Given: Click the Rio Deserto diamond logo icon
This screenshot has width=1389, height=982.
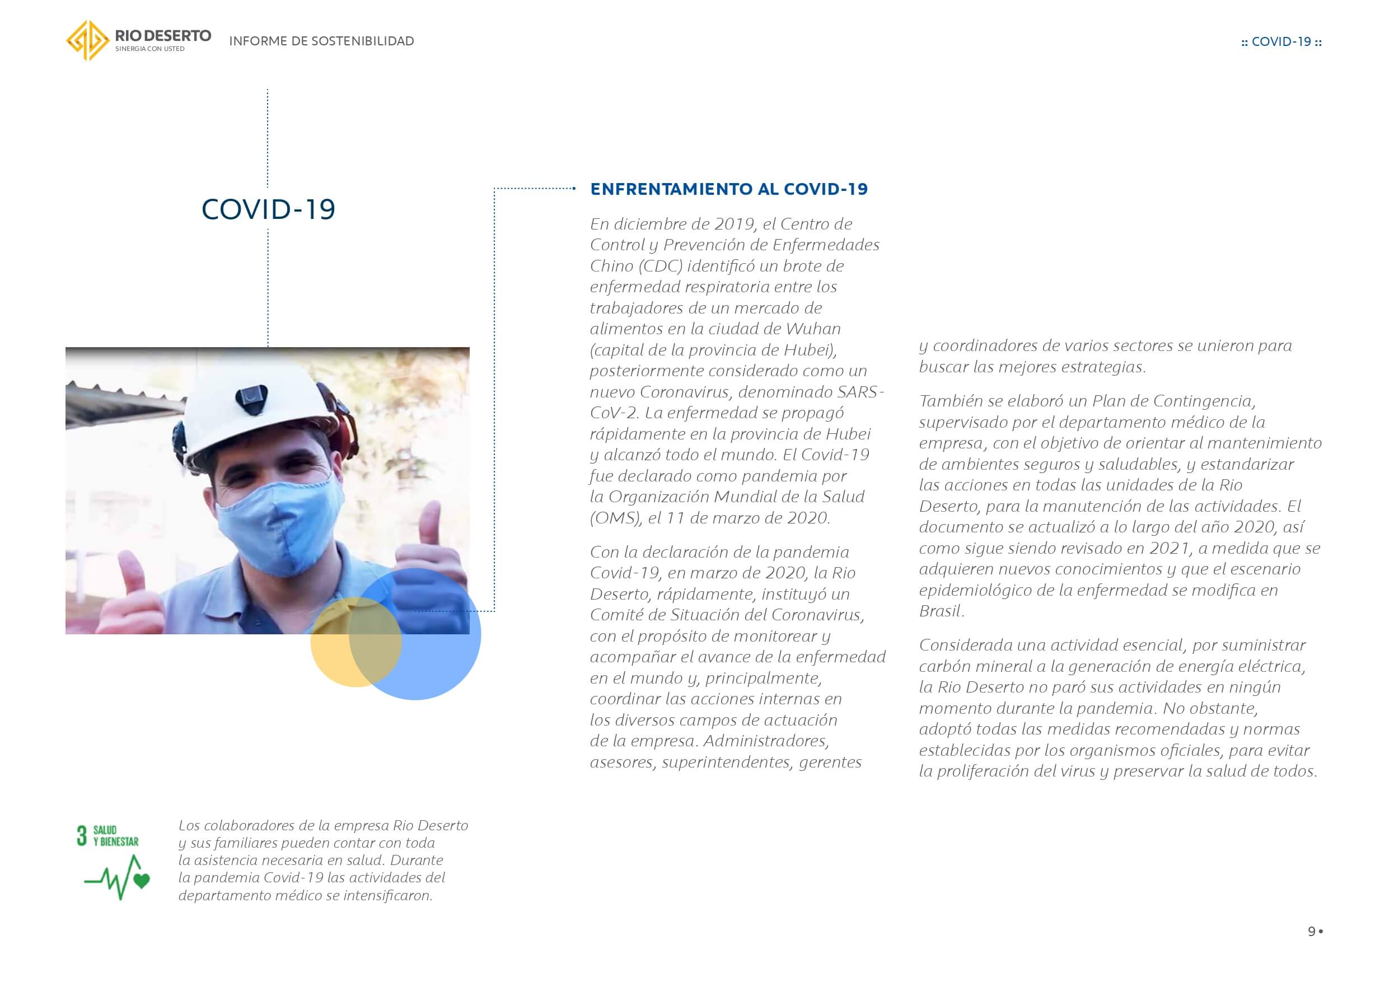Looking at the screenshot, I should [x=88, y=40].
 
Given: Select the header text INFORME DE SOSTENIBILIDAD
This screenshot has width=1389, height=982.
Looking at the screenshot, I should [x=321, y=41].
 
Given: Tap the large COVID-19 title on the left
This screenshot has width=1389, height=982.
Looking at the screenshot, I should [x=268, y=209].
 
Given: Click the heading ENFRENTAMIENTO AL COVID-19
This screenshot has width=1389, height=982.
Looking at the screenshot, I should [x=728, y=189].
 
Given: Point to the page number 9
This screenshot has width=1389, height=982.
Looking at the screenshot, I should [x=1311, y=931].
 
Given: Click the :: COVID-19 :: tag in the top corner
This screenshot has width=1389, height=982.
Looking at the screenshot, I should [x=1281, y=42].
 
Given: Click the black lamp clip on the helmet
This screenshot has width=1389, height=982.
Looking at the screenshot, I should [x=248, y=397].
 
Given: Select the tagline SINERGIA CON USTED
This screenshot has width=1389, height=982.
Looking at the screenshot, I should [x=149, y=49].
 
